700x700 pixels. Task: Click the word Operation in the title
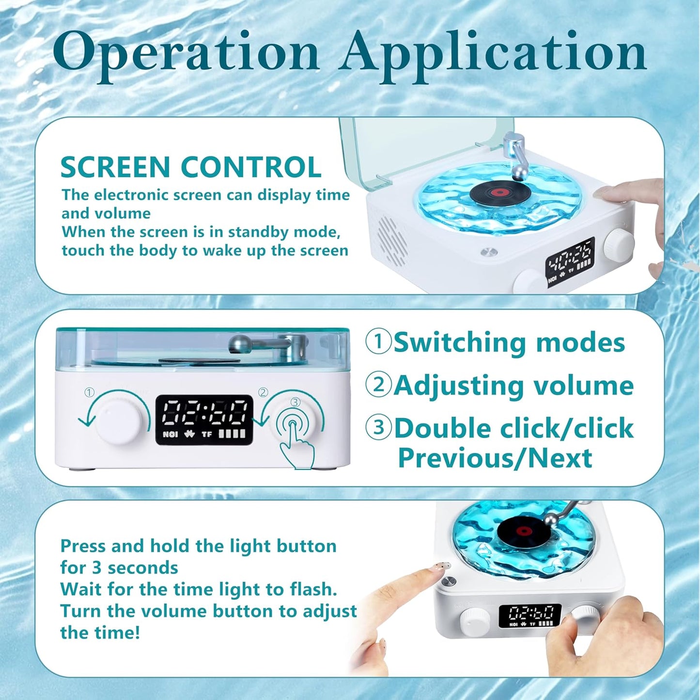(x=187, y=52)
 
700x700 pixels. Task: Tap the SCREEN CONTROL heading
(x=190, y=168)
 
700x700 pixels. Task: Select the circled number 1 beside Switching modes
(x=378, y=342)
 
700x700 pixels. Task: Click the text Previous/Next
(x=495, y=458)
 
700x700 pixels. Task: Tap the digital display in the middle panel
(x=204, y=420)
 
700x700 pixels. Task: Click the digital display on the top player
(x=570, y=262)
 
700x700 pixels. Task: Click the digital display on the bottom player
(x=529, y=615)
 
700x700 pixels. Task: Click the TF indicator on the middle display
(x=206, y=434)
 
